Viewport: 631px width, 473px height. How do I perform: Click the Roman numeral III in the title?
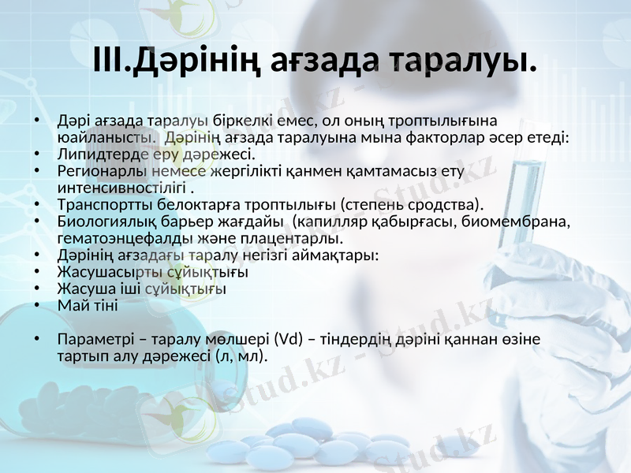click(110, 60)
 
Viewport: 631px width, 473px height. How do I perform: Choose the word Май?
click(70, 306)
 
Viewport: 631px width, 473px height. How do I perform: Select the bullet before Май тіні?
click(36, 306)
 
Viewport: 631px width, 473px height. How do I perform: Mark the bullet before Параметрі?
click(36, 340)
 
